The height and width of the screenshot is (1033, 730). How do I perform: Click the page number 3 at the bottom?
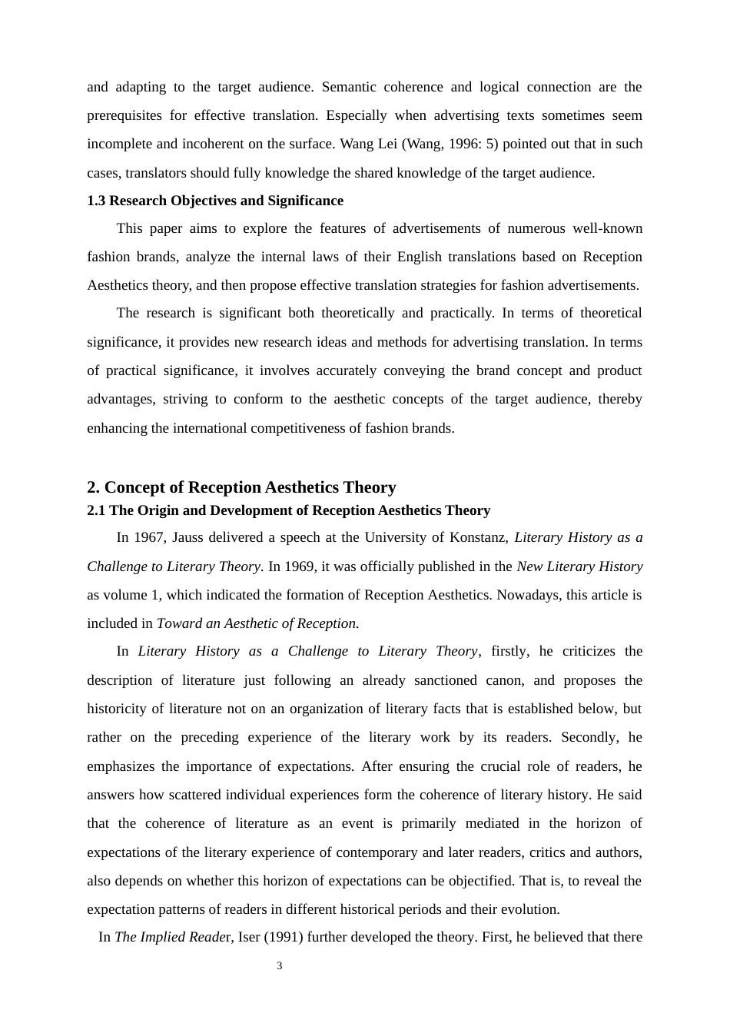coord(280,966)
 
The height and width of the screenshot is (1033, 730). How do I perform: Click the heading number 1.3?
coord(96,201)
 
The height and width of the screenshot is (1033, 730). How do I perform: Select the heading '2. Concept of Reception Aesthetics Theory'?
coord(241,487)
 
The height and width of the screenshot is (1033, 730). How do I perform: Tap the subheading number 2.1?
coord(96,510)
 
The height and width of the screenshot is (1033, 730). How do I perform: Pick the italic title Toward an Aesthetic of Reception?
coord(257,623)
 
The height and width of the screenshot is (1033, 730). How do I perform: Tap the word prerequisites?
coord(124,115)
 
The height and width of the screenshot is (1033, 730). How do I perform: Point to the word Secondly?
coord(589,737)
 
